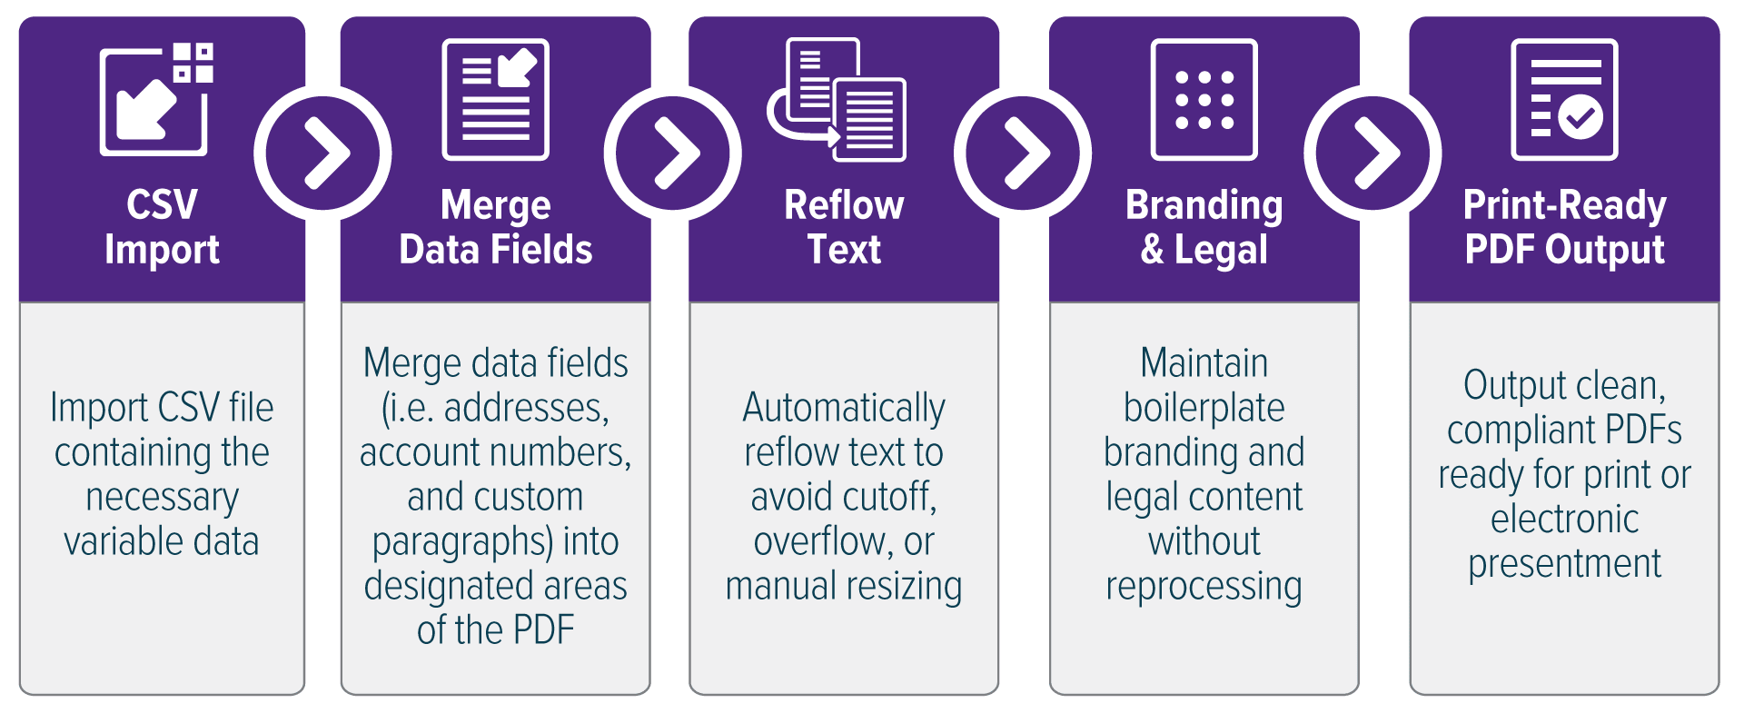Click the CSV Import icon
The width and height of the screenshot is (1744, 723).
click(x=156, y=99)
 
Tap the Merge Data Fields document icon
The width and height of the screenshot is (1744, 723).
click(x=495, y=100)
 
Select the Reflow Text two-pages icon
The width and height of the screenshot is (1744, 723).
click(x=837, y=100)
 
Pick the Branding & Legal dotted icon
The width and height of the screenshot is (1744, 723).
click(x=1204, y=100)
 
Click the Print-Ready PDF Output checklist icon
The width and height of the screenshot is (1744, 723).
click(x=1564, y=100)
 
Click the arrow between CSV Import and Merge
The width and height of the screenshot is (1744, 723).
click(x=323, y=153)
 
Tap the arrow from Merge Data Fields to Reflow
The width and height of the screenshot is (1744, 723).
click(x=673, y=153)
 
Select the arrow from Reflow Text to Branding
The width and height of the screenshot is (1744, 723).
click(x=1023, y=153)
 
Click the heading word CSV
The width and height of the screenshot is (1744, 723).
click(x=162, y=205)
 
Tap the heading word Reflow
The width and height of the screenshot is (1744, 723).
click(x=844, y=205)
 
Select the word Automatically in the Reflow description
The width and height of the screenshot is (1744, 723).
click(x=844, y=409)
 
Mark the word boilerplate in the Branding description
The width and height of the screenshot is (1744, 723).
click(x=1204, y=409)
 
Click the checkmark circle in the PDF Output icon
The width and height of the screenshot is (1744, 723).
click(x=1580, y=117)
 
